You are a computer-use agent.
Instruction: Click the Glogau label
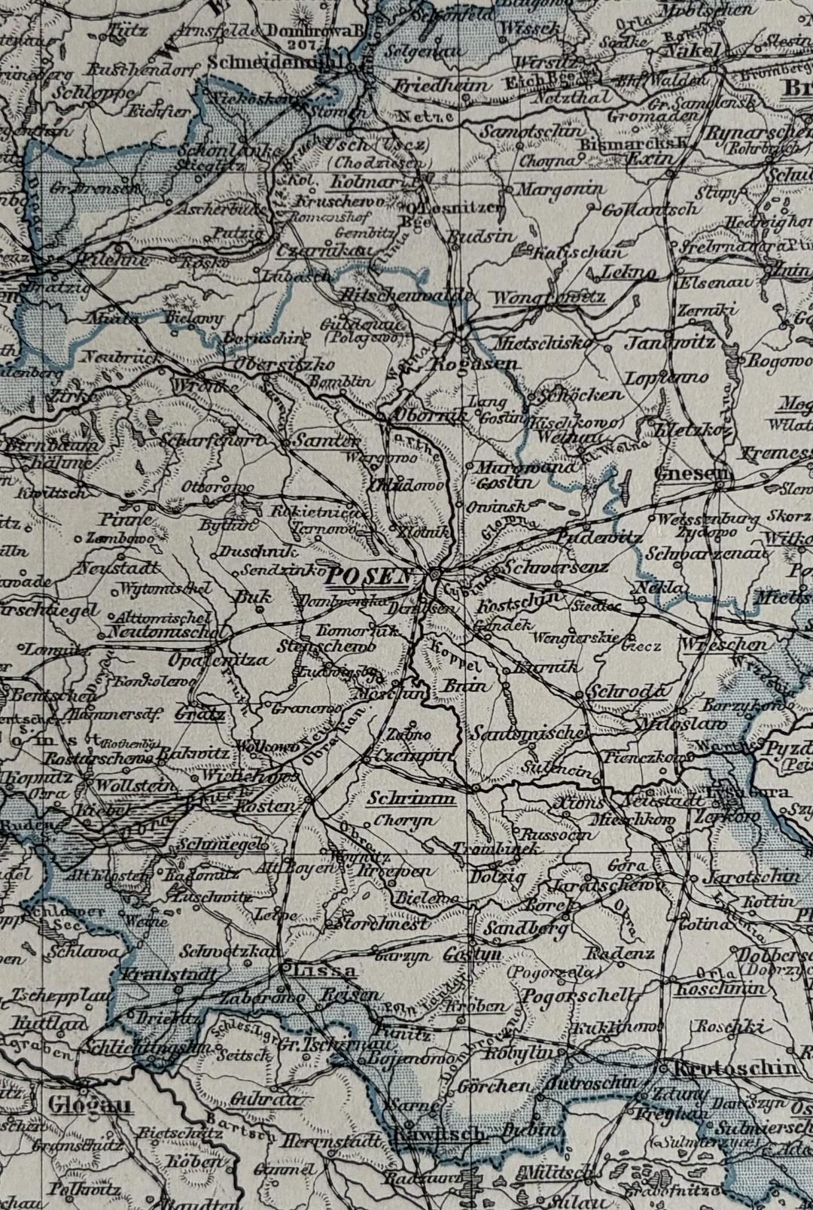coord(89,1104)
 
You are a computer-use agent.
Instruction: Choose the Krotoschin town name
coord(735,1068)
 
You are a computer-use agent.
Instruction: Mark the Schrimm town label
coord(413,798)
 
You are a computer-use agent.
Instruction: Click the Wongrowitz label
coord(549,297)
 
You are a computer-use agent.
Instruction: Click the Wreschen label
coord(725,645)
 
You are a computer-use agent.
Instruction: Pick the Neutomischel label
coord(157,631)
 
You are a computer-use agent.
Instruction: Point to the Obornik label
coord(420,415)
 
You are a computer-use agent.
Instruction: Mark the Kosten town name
coord(264,805)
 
